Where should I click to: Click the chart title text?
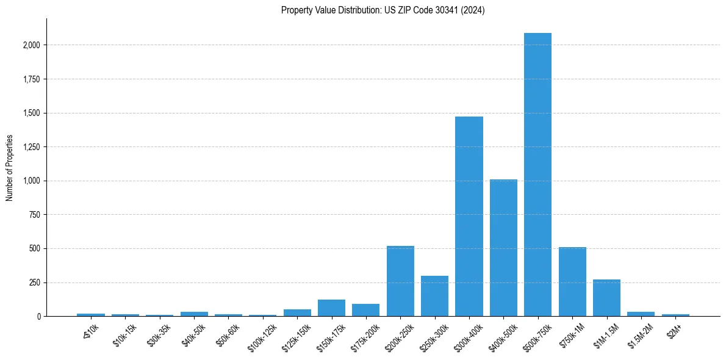click(383, 10)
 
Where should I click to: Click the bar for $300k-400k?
click(469, 217)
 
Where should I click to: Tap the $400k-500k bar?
click(503, 248)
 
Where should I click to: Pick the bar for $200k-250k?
click(400, 281)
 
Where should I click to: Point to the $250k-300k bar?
click(434, 296)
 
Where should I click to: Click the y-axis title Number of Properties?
click(10, 168)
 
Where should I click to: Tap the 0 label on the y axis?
click(38, 317)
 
